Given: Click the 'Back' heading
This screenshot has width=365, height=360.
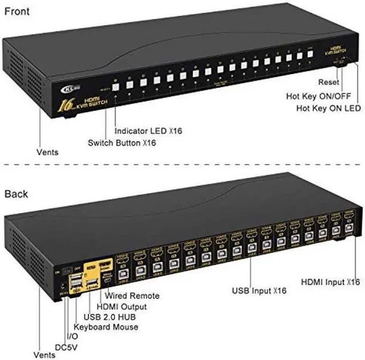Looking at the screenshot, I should click(x=16, y=194).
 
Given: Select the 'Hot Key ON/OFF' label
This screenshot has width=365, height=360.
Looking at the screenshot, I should click(x=323, y=96).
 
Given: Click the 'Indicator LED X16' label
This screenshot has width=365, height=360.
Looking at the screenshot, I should click(x=148, y=131).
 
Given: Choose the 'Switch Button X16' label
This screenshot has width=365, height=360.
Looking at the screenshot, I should click(x=122, y=142).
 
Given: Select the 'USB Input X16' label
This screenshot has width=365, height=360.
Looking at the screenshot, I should click(x=259, y=292).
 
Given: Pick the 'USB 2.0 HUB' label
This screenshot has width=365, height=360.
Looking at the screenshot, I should click(x=109, y=317).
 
